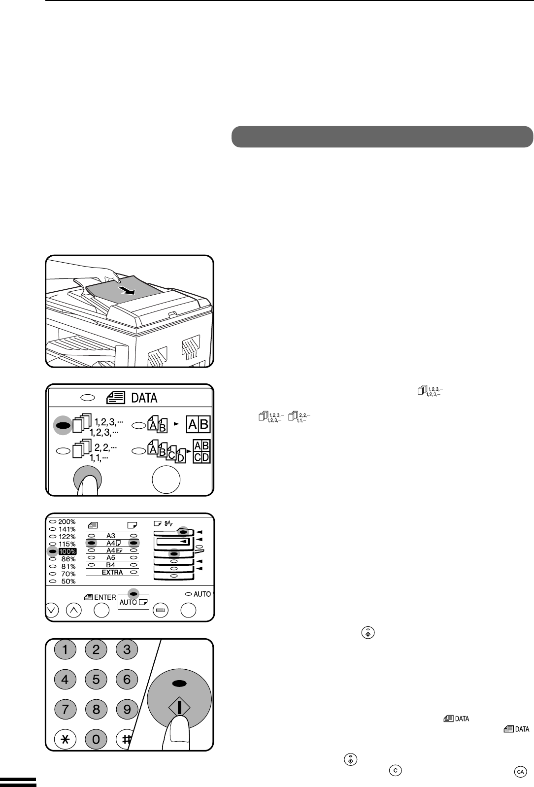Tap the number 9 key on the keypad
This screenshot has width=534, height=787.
(127, 709)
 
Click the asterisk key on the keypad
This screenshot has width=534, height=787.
(65, 739)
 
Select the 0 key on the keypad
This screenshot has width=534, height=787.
(96, 739)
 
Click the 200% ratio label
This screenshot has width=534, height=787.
(67, 522)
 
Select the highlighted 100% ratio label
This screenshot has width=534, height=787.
(67, 551)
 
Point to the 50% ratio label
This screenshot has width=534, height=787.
(68, 582)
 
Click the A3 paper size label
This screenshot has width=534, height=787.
(111, 536)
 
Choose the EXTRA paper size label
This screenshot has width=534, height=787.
(112, 572)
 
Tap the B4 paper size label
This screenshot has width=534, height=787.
(111, 565)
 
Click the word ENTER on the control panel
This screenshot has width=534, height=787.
(105, 597)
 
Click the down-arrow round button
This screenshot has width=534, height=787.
(52, 610)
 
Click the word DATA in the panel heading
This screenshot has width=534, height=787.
(144, 398)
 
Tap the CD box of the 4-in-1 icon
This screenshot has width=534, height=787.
(201, 457)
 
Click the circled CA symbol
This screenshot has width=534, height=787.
(520, 772)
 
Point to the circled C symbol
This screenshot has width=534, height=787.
(395, 770)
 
